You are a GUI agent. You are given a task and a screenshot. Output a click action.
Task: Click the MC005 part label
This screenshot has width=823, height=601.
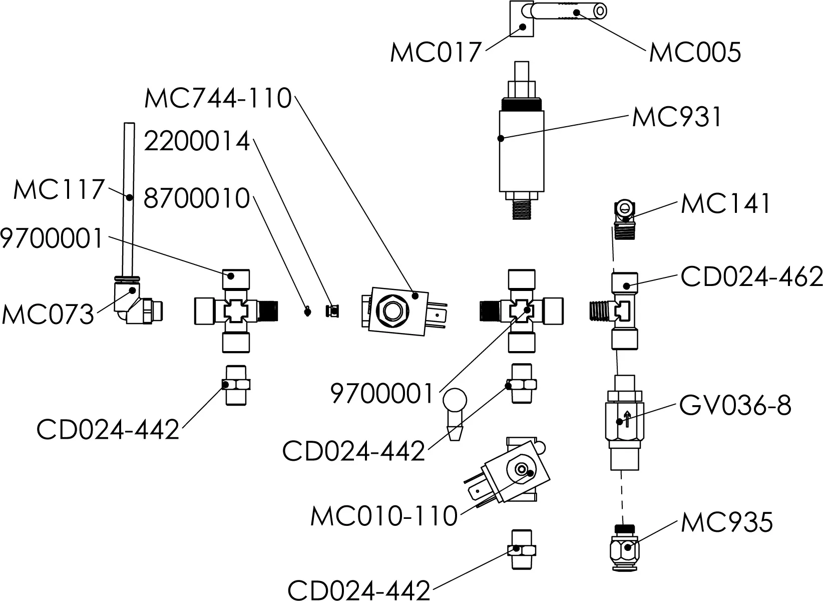[694, 52]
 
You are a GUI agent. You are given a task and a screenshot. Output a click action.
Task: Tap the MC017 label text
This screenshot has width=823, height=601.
[435, 52]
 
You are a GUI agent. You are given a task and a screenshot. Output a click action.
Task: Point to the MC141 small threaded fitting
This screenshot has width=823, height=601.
[624, 221]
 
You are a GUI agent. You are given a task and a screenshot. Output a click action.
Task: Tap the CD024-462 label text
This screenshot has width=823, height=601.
[751, 277]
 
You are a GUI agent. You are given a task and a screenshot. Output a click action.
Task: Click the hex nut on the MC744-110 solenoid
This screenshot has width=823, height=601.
[391, 312]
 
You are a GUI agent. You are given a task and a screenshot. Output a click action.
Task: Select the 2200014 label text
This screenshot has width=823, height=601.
[197, 142]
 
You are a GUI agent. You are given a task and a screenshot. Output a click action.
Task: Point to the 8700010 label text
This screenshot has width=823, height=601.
[197, 199]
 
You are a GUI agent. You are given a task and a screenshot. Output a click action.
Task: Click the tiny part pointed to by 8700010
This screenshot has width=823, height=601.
[308, 312]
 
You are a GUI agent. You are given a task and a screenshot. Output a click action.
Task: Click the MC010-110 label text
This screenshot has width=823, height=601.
[384, 516]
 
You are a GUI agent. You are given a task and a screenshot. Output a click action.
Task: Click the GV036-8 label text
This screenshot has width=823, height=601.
[735, 406]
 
